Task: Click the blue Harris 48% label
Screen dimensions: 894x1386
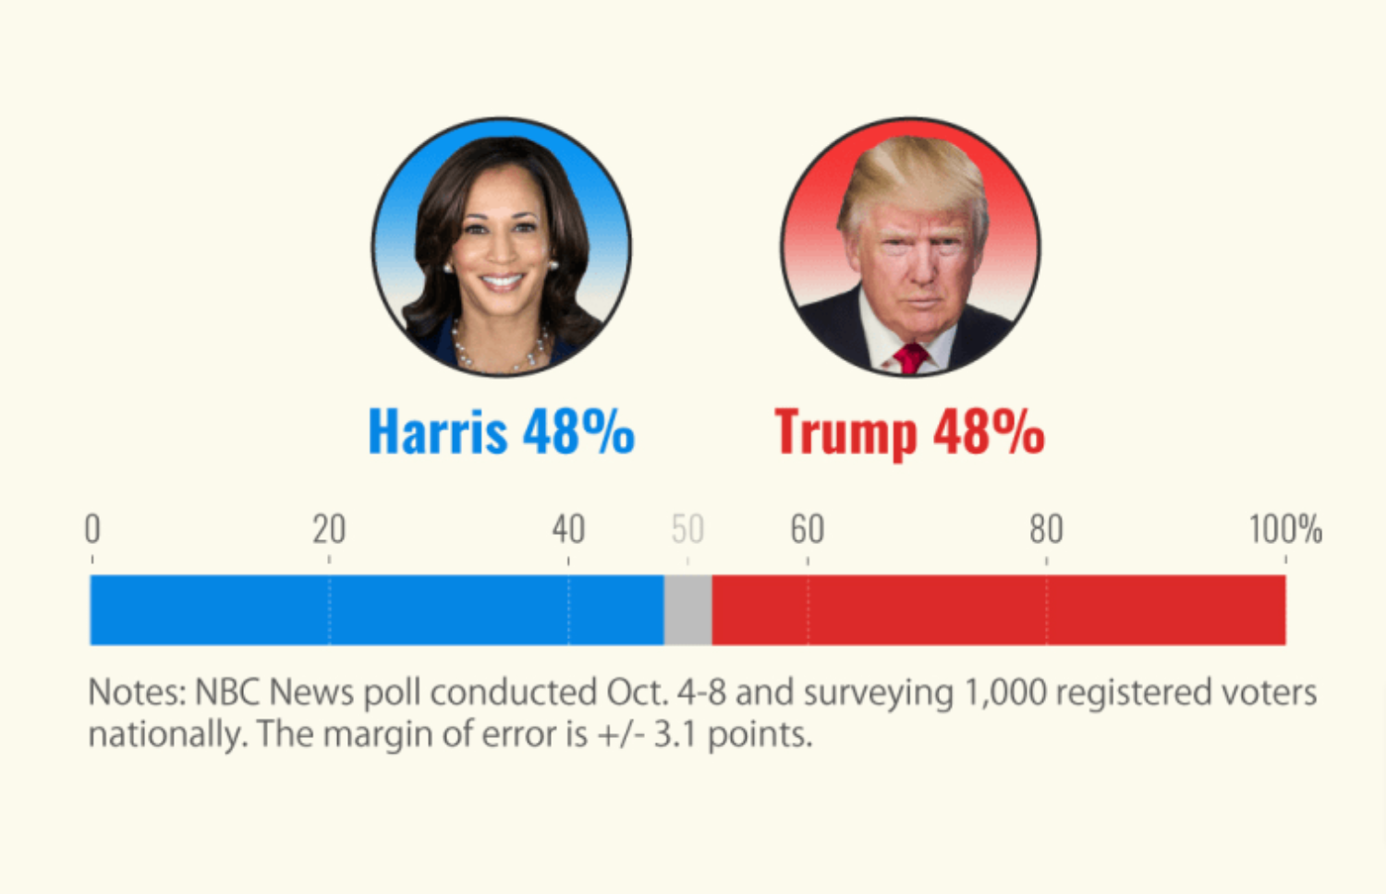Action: click(x=501, y=431)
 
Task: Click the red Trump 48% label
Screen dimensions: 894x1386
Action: click(x=909, y=431)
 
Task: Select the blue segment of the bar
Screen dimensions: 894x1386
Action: click(x=376, y=610)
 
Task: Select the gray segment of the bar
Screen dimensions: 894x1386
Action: click(x=687, y=610)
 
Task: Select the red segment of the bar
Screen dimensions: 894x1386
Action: click(x=998, y=610)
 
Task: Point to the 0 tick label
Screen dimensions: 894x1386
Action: click(x=92, y=529)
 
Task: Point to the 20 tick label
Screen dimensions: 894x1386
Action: click(x=329, y=529)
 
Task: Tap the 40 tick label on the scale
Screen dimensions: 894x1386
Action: click(x=568, y=529)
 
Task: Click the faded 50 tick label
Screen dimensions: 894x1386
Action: click(x=687, y=529)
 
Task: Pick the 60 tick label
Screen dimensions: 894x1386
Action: click(x=807, y=529)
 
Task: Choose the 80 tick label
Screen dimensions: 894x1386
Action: click(x=1046, y=529)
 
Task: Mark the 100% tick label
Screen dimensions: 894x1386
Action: click(x=1285, y=529)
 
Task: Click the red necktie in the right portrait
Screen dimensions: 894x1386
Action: click(x=910, y=357)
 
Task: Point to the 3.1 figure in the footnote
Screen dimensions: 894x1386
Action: click(x=675, y=735)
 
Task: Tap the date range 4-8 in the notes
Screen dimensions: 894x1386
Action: click(x=701, y=693)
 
